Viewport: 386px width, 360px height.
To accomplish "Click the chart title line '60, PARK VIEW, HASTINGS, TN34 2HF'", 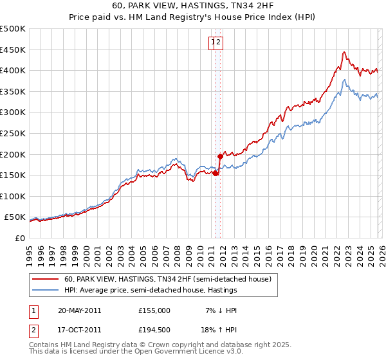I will click(192, 6).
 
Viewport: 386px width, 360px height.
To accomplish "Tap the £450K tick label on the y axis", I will click(13, 50).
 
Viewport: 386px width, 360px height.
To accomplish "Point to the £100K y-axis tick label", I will click(13, 197).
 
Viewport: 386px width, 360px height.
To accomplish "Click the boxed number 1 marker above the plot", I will click(213, 43).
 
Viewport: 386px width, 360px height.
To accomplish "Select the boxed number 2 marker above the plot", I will click(219, 43).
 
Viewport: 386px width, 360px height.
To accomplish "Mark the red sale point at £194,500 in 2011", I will click(220, 156).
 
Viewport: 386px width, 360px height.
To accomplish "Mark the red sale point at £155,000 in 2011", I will click(216, 173).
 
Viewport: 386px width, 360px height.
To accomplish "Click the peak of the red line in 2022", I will click(345, 52).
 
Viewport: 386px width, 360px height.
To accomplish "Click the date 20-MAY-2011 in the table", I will click(79, 310).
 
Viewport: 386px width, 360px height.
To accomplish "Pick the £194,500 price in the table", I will click(154, 330).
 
